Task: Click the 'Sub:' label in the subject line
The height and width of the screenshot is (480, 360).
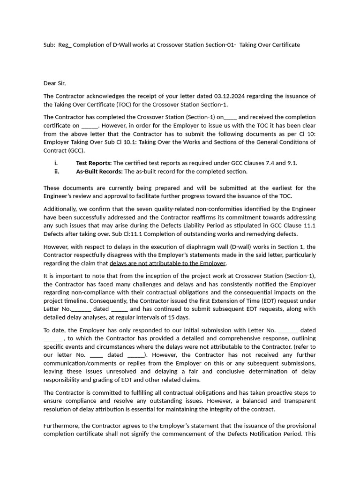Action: [49, 45]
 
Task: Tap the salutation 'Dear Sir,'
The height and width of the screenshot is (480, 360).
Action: [55, 83]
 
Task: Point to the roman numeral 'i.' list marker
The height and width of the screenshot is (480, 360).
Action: [56, 163]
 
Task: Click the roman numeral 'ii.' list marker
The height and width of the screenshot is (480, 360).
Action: [57, 172]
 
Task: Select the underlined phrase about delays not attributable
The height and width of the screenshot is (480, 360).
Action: [168, 263]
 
